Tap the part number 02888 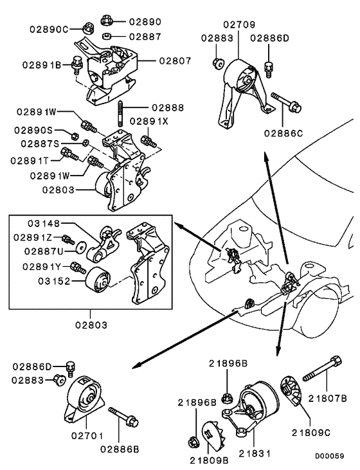[169, 107]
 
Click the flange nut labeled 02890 [107, 21]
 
